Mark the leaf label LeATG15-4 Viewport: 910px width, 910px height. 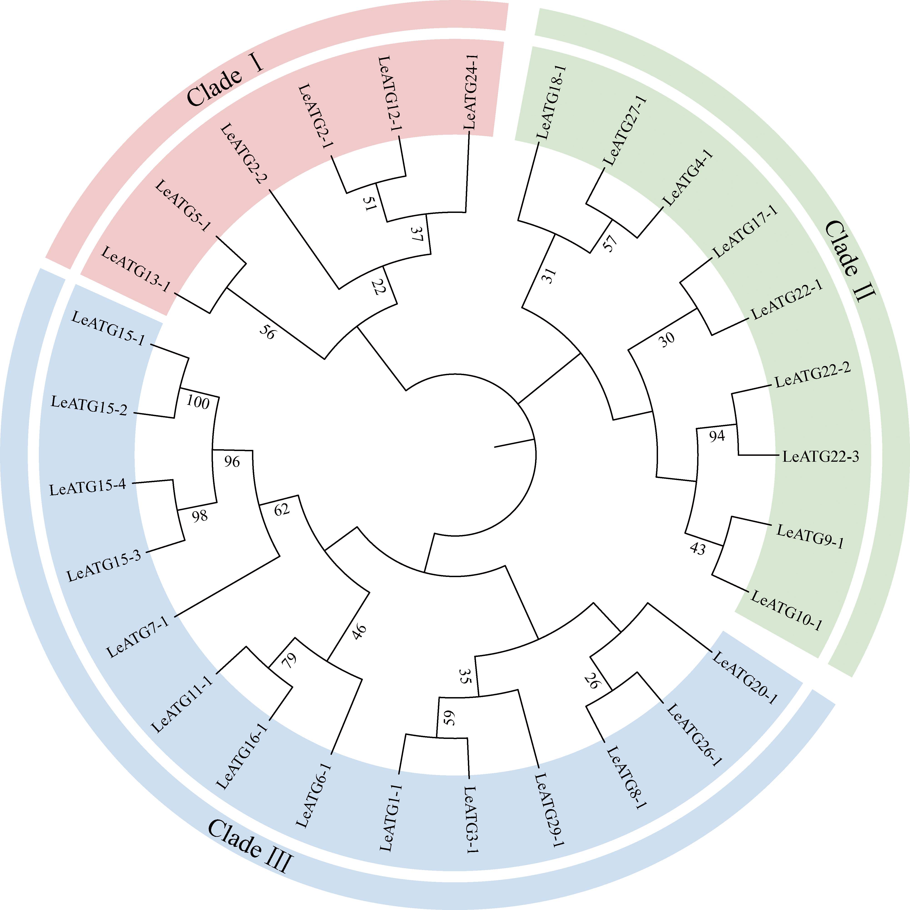88,488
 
